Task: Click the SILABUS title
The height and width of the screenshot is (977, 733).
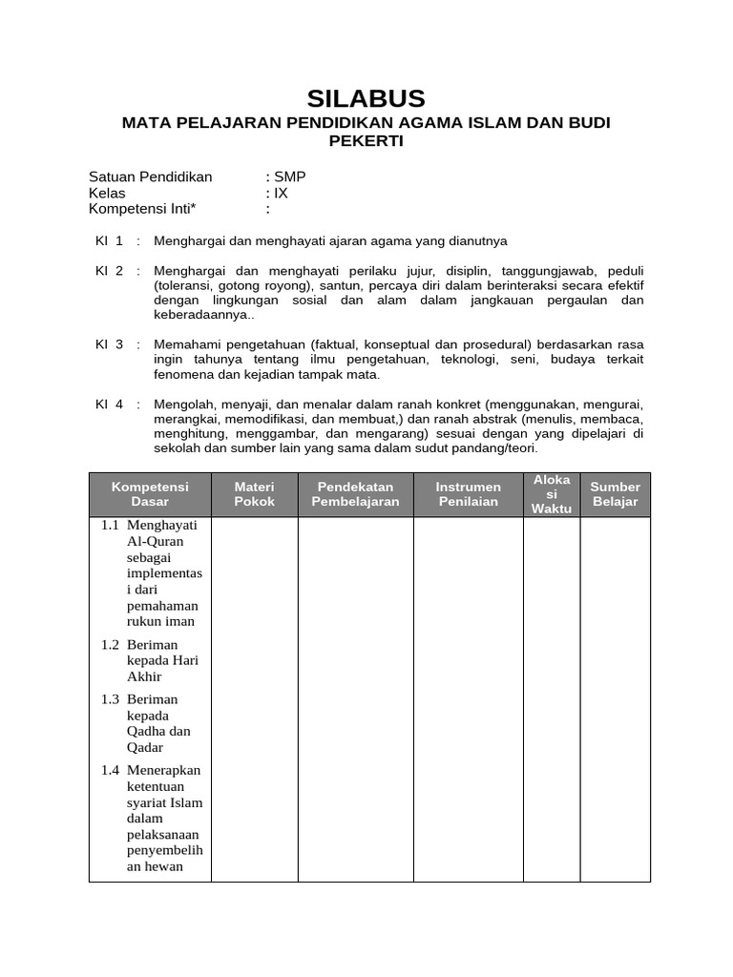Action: click(x=366, y=98)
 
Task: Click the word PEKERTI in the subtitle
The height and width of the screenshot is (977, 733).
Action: click(x=366, y=141)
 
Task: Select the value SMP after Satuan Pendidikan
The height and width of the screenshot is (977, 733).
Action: click(x=290, y=177)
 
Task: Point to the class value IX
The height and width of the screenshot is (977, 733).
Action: click(x=281, y=193)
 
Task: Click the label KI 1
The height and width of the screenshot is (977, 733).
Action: click(x=110, y=240)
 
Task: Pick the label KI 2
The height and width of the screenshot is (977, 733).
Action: click(x=110, y=271)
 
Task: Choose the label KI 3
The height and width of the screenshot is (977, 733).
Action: click(x=110, y=343)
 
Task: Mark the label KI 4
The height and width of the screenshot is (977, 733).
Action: click(x=110, y=404)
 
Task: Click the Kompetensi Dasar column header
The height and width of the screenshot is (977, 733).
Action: click(x=150, y=494)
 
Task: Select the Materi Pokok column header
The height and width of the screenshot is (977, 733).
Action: click(x=255, y=494)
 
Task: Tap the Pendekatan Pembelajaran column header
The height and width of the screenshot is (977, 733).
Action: click(x=356, y=494)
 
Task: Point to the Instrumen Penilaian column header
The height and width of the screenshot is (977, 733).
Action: click(x=469, y=494)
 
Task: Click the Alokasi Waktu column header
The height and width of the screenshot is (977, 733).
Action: click(x=553, y=494)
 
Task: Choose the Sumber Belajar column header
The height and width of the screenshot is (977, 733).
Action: click(x=616, y=494)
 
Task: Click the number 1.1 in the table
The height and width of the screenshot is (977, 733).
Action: click(x=111, y=525)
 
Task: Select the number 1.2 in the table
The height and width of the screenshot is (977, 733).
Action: click(x=111, y=645)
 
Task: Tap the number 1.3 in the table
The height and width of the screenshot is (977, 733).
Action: click(x=111, y=699)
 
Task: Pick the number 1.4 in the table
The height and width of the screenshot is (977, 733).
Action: click(x=111, y=770)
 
